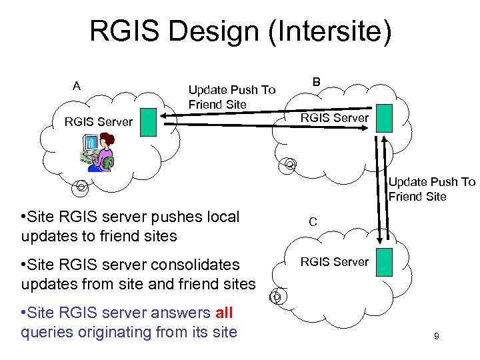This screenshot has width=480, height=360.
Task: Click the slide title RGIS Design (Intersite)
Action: click(240, 32)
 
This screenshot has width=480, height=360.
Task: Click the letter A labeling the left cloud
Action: click(77, 85)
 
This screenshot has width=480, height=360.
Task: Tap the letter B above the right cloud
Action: click(317, 81)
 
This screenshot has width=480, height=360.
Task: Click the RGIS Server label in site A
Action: click(98, 122)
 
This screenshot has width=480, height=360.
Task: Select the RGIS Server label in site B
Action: click(334, 118)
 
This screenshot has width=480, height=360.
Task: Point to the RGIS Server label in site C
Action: click(334, 262)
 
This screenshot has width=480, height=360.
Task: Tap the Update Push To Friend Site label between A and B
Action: click(231, 97)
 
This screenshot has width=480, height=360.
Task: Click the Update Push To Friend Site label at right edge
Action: click(432, 189)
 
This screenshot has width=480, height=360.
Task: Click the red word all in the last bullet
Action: click(224, 313)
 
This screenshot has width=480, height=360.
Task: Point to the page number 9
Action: click(436, 337)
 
